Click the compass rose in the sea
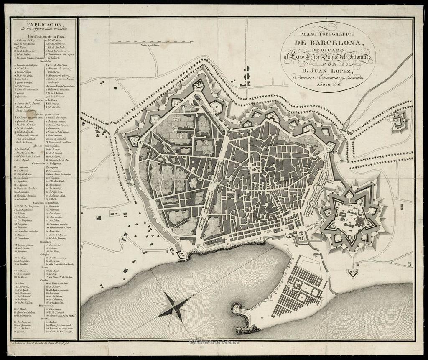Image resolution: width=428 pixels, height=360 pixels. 172,304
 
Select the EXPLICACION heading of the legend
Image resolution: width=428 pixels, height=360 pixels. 44,25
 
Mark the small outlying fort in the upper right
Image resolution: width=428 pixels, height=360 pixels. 399,122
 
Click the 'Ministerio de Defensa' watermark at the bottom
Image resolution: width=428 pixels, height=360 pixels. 214,342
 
